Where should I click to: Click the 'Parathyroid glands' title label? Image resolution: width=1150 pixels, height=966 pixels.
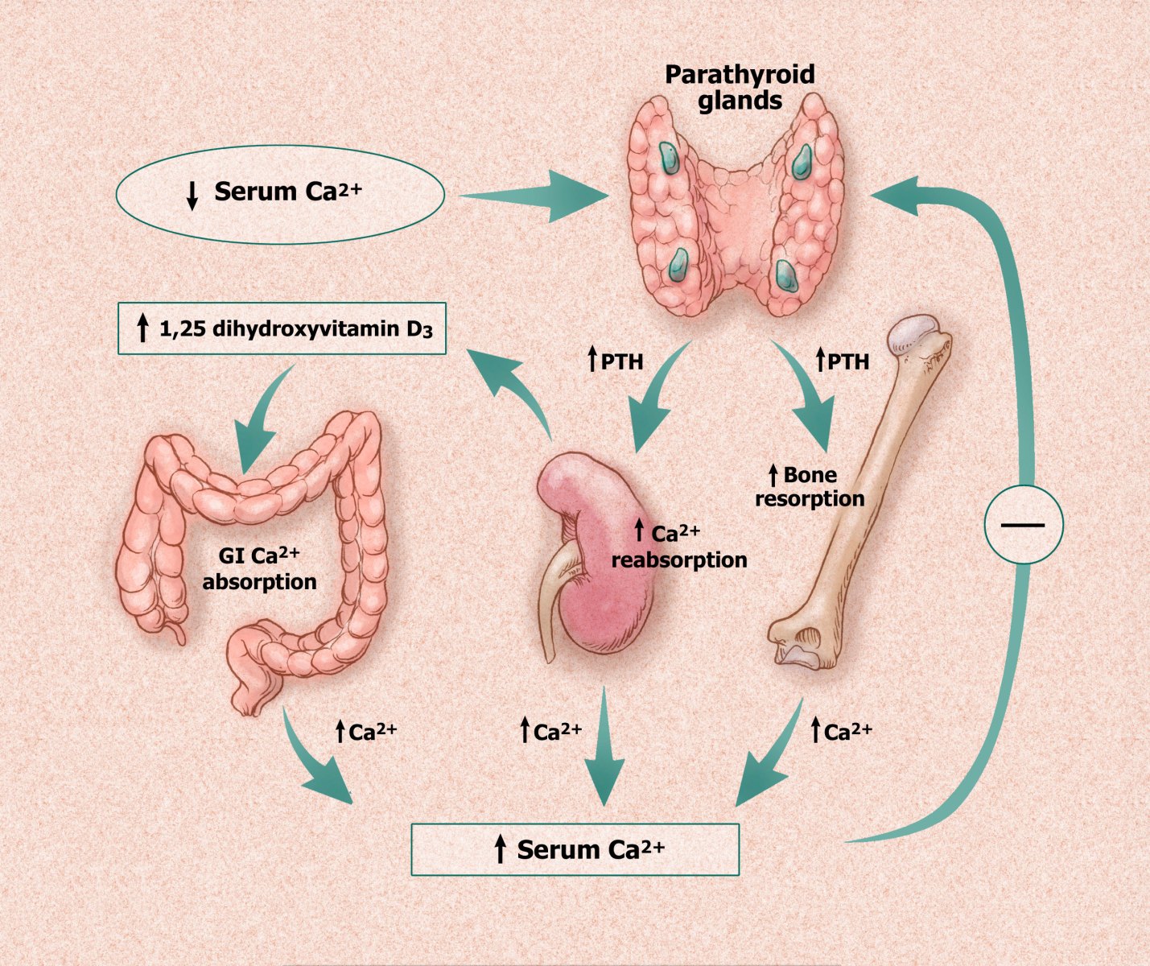click(x=740, y=88)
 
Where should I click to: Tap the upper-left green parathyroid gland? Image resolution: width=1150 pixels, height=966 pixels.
click(x=670, y=159)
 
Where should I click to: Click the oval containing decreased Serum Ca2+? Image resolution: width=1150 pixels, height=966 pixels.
click(x=280, y=194)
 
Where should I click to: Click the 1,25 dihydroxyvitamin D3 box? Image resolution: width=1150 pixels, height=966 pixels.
click(x=282, y=328)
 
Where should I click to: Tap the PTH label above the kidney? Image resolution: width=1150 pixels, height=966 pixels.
click(x=615, y=361)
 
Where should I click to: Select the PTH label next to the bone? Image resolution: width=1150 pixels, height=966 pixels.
click(x=842, y=361)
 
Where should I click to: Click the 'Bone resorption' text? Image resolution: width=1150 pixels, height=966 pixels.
click(x=810, y=487)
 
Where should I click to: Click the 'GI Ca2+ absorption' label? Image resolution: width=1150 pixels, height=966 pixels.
click(x=259, y=568)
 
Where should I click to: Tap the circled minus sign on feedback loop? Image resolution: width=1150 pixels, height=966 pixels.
click(x=1024, y=524)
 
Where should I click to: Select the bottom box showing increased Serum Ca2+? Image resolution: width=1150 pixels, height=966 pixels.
click(x=575, y=849)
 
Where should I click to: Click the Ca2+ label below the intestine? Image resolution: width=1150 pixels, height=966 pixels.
click(x=367, y=731)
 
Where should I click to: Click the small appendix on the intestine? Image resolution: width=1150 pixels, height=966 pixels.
click(x=179, y=634)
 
